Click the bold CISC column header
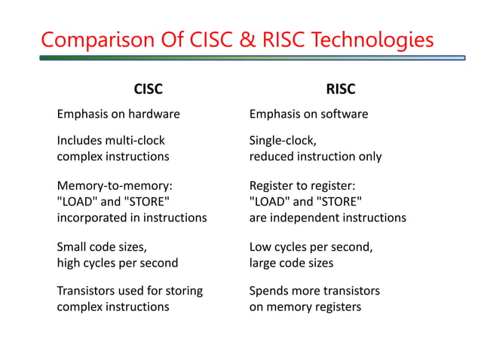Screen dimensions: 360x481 click(x=148, y=90)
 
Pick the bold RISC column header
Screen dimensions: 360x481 click(x=341, y=90)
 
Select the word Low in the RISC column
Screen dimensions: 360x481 click(x=261, y=246)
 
